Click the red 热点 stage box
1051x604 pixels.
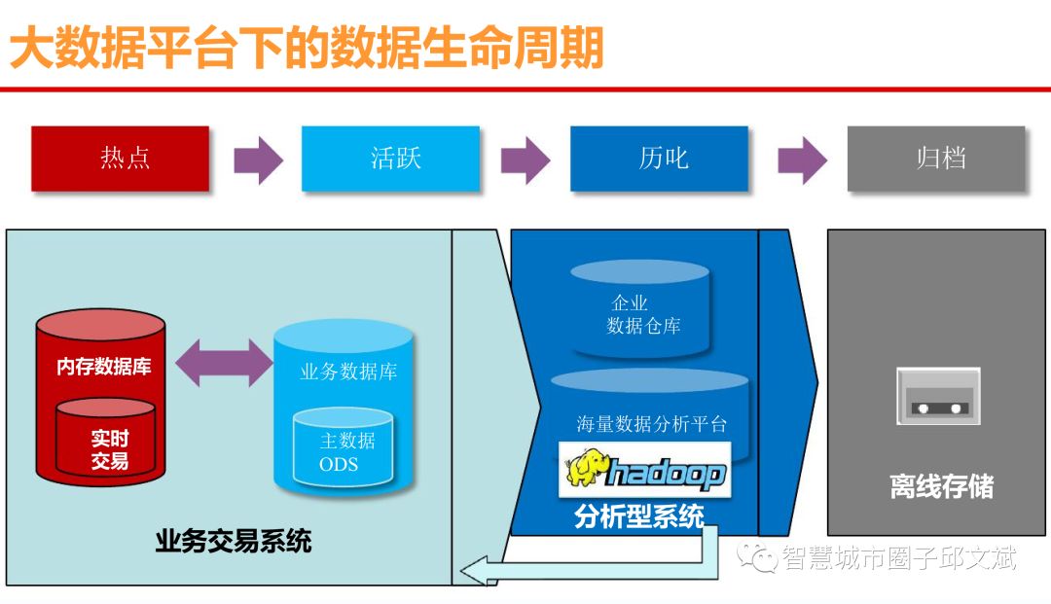(x=121, y=158)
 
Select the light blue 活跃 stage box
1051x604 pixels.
(x=390, y=158)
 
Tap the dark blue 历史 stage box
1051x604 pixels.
(x=659, y=158)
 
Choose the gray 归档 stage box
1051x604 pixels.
(x=936, y=158)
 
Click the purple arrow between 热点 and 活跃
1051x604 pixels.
(x=258, y=160)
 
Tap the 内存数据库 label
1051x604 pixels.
(x=103, y=367)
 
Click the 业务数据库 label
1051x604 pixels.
(x=348, y=372)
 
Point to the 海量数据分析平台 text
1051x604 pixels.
(x=651, y=424)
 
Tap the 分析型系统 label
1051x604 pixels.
(x=638, y=516)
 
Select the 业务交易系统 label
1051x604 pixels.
(x=234, y=541)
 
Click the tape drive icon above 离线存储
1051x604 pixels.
(x=937, y=396)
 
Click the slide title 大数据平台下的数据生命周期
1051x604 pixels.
(x=307, y=48)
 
